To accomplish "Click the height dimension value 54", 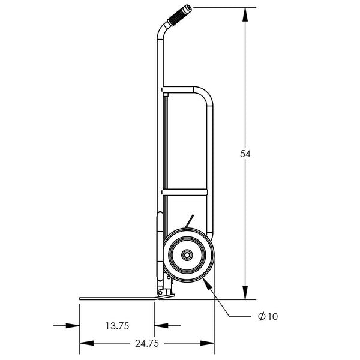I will coord(245,154).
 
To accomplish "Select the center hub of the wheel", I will coord(188,256).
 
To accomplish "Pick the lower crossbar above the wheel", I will coord(185,192).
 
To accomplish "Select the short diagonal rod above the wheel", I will coord(189,221).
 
